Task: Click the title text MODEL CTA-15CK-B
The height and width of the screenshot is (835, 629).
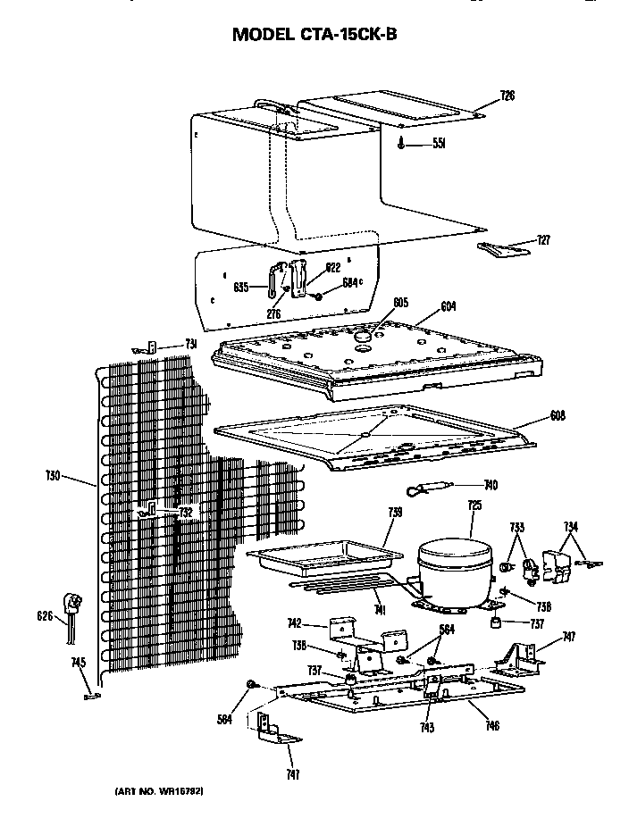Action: pyautogui.click(x=314, y=35)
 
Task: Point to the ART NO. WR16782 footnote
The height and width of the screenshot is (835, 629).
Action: pyautogui.click(x=164, y=791)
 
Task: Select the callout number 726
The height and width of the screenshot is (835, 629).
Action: pyautogui.click(x=507, y=95)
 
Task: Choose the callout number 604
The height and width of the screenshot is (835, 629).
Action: pyautogui.click(x=449, y=306)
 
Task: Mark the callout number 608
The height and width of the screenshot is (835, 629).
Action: pyautogui.click(x=558, y=416)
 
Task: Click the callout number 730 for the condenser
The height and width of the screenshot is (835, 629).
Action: pyautogui.click(x=53, y=477)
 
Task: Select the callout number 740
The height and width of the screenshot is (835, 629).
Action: pyautogui.click(x=491, y=486)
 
